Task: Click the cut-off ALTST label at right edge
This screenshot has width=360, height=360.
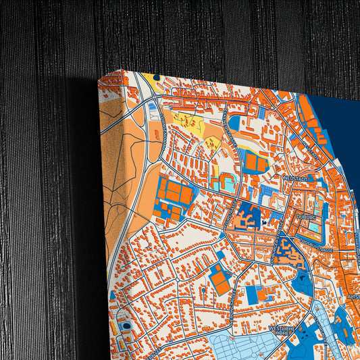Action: (353, 296)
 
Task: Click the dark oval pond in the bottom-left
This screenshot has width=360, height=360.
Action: (126, 326)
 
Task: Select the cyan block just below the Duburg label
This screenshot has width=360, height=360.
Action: (316, 228)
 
